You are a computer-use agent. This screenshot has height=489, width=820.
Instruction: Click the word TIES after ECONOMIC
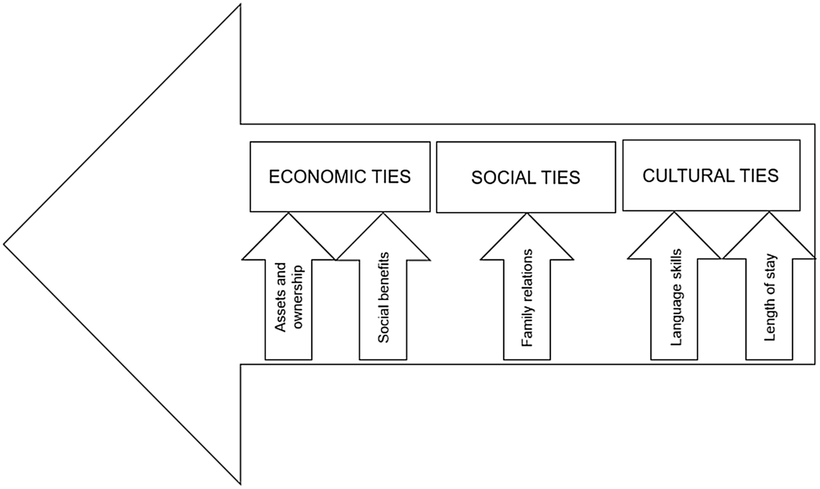[389, 177]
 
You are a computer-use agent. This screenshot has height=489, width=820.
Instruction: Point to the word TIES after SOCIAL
[559, 178]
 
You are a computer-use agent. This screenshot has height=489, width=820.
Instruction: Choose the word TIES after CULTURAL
[755, 176]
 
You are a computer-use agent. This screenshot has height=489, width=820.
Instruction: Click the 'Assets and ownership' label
[289, 297]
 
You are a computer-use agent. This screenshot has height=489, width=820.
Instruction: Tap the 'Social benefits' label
[384, 297]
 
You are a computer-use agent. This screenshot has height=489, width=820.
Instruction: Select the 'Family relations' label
[527, 297]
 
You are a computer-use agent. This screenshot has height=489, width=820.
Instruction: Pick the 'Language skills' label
[675, 297]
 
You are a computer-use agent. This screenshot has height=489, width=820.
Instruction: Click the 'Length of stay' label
[770, 297]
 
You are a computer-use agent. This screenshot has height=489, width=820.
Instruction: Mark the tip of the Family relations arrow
[527, 214]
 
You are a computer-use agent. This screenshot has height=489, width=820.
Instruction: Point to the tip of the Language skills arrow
[675, 212]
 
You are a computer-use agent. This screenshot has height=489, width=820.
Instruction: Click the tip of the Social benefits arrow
[383, 214]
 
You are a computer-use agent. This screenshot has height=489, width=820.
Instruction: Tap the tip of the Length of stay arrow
[770, 212]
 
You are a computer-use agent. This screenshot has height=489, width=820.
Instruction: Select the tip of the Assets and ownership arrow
[289, 214]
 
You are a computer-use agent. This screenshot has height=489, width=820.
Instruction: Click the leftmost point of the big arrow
[4, 244]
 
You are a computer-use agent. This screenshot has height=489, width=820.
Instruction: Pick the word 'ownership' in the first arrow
[297, 297]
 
